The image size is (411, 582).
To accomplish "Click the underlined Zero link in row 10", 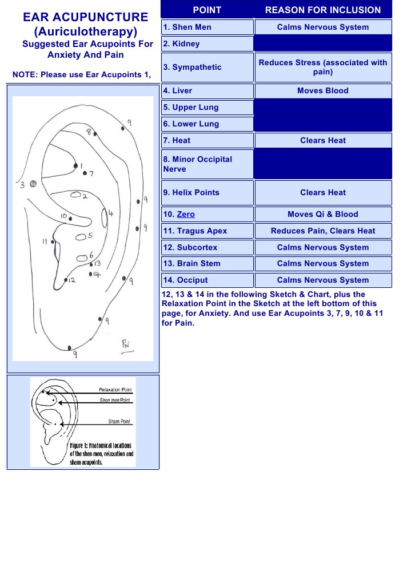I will click(x=186, y=215).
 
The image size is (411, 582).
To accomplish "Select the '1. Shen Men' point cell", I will click(x=207, y=27).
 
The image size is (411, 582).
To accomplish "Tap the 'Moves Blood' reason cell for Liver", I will click(x=322, y=91).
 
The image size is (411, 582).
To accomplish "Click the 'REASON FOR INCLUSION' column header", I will click(x=322, y=10).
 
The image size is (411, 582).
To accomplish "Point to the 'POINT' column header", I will click(x=207, y=10).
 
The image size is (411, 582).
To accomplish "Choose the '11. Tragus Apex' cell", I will click(x=207, y=231).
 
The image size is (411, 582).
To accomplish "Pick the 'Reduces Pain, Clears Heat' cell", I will click(x=322, y=231).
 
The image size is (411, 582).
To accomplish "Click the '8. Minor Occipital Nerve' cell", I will click(x=207, y=164).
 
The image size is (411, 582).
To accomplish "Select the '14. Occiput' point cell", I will click(x=207, y=280).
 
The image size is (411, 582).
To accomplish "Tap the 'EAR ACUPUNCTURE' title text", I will click(x=85, y=17).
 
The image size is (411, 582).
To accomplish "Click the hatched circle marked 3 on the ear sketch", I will click(x=33, y=184).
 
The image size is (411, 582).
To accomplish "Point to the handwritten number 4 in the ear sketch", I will click(x=111, y=213).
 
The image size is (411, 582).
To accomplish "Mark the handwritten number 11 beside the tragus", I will click(x=45, y=241).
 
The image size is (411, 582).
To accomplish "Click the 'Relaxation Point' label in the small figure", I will click(x=115, y=390).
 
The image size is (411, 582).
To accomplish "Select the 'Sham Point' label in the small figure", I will click(x=119, y=422).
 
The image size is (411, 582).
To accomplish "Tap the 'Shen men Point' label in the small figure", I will click(x=115, y=400).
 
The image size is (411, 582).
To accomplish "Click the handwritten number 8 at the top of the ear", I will click(x=89, y=132).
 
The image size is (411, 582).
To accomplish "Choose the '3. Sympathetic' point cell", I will click(x=207, y=68).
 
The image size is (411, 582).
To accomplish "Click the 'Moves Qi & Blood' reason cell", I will click(x=322, y=215).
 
